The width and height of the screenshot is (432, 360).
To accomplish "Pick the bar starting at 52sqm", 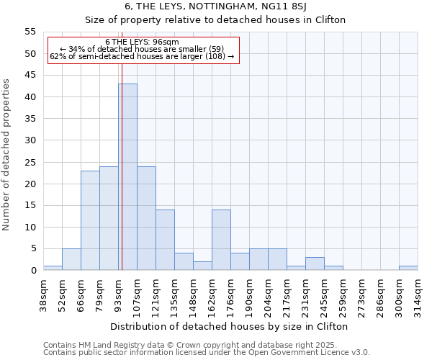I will [x=71, y=259].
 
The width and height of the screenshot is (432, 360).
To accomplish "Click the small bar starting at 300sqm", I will [x=408, y=268].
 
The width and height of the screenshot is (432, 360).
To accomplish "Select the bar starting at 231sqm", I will [x=315, y=264].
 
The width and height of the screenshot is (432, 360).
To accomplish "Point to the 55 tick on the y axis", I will [x=30, y=32].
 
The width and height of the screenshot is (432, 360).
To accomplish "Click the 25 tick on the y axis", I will [x=30, y=162].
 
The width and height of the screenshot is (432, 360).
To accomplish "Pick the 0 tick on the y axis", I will [x=33, y=271].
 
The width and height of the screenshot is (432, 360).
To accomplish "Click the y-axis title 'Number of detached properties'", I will [x=7, y=155].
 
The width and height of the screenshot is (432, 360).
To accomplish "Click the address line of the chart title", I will [x=215, y=6].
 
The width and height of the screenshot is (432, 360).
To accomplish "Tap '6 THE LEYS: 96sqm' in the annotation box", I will [x=142, y=42].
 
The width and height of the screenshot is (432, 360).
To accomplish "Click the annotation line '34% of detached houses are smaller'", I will [x=142, y=49].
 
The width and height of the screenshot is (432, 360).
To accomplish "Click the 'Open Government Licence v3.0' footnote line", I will [x=207, y=352].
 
